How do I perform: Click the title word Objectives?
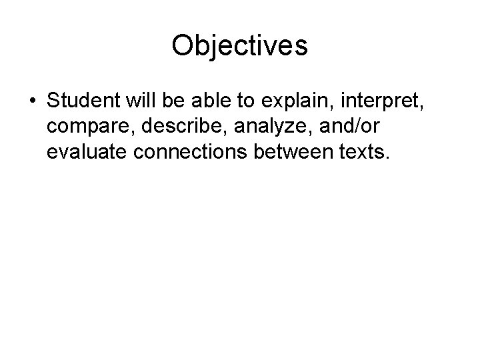point(239,46)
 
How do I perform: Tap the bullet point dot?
point(32,104)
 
